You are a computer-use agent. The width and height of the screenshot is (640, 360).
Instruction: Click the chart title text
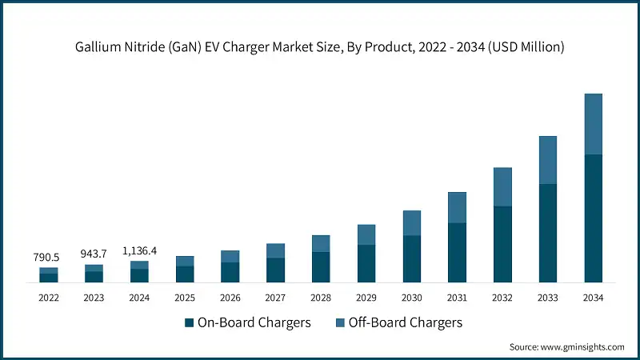coord(320,48)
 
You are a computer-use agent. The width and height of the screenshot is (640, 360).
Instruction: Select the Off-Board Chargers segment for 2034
coord(593,124)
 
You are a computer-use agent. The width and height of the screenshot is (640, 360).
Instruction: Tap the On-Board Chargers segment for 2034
coord(593,218)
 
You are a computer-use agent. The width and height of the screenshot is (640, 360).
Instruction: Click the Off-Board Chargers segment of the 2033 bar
coord(547,160)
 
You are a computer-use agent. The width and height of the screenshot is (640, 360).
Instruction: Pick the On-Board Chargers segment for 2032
coord(502,244)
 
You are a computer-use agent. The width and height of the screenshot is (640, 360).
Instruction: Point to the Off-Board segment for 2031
coord(457,207)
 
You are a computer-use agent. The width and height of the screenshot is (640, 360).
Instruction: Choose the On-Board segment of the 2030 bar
coord(411,258)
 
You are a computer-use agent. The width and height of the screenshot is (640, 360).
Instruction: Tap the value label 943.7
coord(94,254)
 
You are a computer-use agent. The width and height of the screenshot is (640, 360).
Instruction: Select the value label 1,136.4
coord(139,250)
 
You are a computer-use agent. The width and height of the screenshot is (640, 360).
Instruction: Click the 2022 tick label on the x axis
coord(49,298)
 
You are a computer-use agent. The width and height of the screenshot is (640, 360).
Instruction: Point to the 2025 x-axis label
coord(185,298)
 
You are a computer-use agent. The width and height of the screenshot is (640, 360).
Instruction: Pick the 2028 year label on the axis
coord(321,298)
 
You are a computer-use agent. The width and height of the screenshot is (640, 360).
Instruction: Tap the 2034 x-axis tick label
coord(593,298)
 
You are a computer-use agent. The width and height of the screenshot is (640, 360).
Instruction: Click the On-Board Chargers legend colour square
coord(190,323)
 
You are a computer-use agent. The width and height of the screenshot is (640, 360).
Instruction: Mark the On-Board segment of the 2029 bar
coord(366,263)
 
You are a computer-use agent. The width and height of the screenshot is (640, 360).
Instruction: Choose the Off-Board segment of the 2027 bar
coord(275,250)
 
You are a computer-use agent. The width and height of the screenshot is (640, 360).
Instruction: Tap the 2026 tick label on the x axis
coord(230,298)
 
